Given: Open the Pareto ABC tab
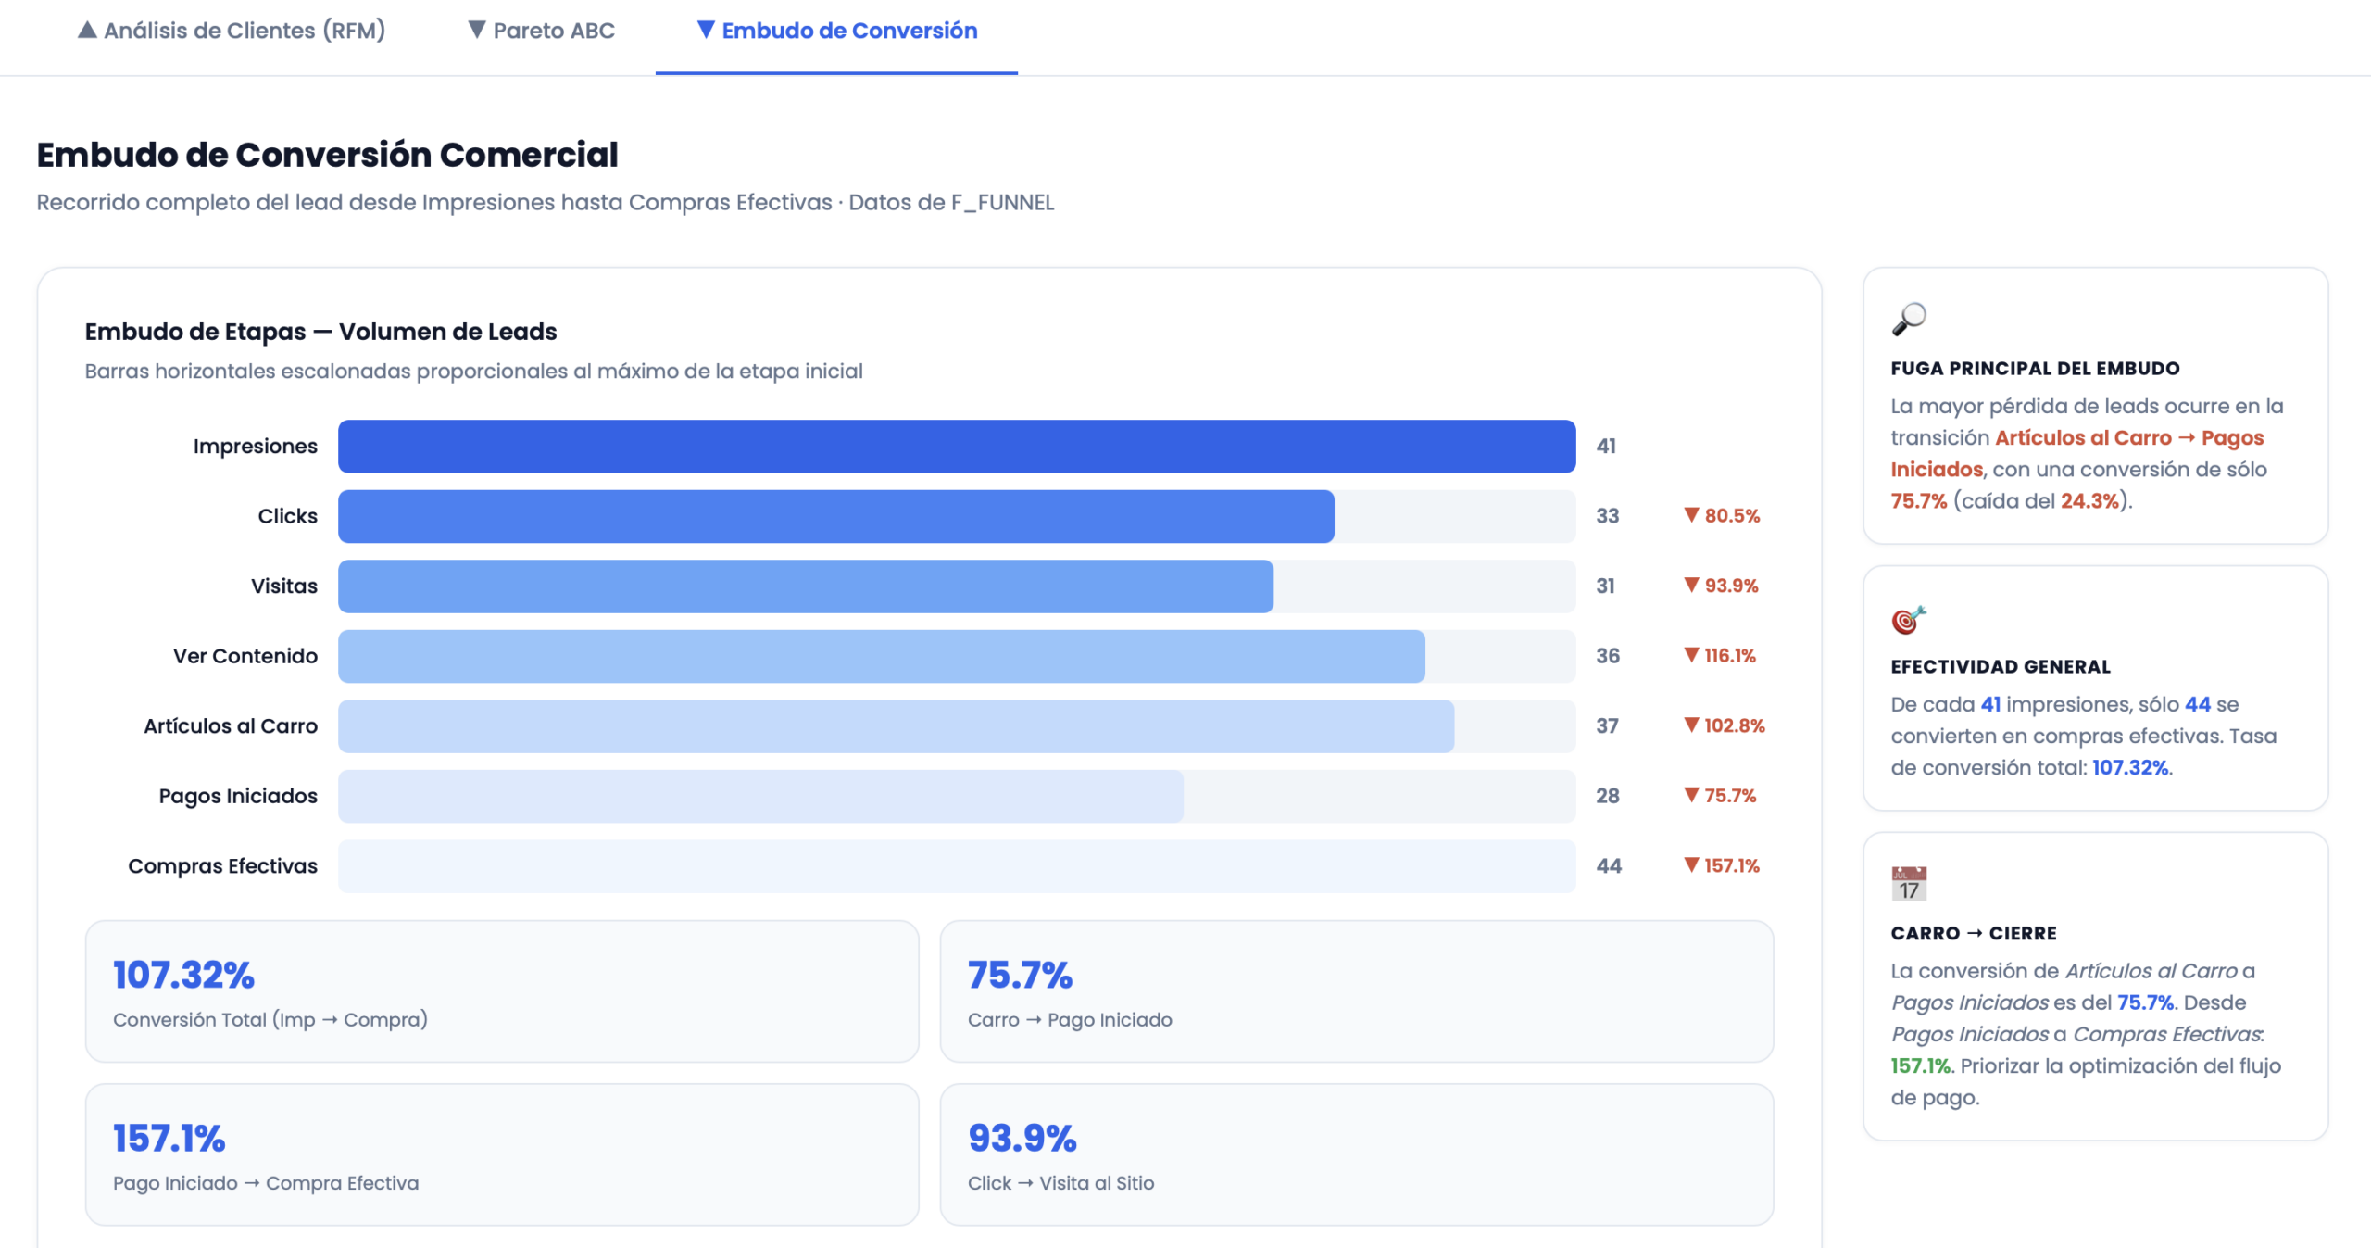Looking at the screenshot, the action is pos(541,31).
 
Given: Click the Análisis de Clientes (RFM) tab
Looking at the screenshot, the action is pos(232,31).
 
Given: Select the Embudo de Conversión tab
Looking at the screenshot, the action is pos(837,31).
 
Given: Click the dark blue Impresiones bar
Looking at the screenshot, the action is pos(957,447).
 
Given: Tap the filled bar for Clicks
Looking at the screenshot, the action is pos(836,516).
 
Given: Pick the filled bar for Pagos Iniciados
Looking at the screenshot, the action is pos(760,796).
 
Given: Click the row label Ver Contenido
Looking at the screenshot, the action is pos(245,656).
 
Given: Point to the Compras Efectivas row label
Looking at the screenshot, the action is pos(222,866).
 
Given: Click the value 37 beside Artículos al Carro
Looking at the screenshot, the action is pos(1607,726).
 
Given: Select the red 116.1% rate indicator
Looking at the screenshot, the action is pos(1720,656).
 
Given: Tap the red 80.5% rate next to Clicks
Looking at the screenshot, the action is pos(1722,516).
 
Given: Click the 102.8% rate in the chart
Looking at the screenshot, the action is pos(1725,726).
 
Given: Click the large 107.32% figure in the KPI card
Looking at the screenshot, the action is pos(183,975).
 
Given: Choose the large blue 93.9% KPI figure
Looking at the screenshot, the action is pos(1022,1139).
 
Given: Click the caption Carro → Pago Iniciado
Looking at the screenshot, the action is pos(1070,1020).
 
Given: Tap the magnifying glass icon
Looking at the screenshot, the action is pos(1909,319).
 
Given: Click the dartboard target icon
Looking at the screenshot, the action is pos(1909,619).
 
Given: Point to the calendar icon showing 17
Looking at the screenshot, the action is pos(1909,884).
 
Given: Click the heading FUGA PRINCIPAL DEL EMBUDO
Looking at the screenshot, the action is pos(2035,369).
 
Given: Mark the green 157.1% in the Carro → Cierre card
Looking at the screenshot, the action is pos(1920,1066).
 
